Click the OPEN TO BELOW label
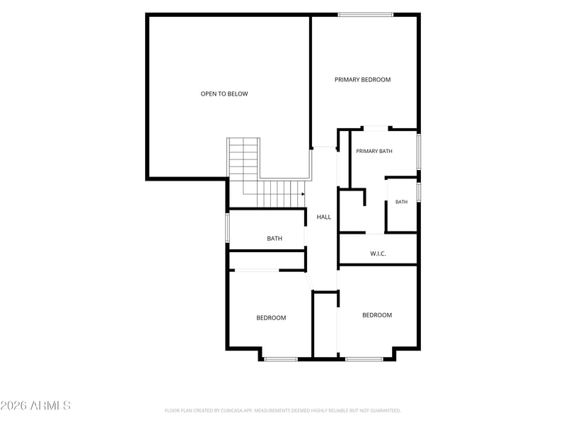(x=224, y=94)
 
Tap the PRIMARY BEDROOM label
(x=362, y=80)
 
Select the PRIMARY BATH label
(x=374, y=151)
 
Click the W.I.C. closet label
(x=378, y=254)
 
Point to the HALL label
(x=324, y=217)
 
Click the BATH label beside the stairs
(x=275, y=239)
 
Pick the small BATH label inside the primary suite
(x=401, y=202)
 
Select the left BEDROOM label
(x=271, y=318)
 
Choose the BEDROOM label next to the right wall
(x=377, y=315)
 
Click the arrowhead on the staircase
(x=304, y=194)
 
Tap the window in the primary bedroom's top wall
(x=365, y=15)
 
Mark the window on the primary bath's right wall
(x=419, y=152)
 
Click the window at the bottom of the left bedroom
(x=281, y=359)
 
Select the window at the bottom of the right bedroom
(x=364, y=359)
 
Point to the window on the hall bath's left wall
(x=227, y=227)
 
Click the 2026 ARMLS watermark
(x=35, y=405)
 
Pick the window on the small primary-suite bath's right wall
(x=419, y=192)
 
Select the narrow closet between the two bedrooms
(x=325, y=324)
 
